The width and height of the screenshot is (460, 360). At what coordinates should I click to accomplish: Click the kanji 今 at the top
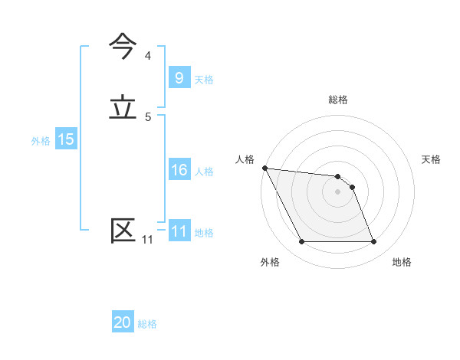[123, 47]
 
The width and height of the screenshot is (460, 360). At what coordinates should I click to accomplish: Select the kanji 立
[123, 108]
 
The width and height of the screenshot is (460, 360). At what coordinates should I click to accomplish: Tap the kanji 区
[123, 231]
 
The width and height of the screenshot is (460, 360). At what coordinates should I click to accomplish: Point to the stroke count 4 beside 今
[148, 56]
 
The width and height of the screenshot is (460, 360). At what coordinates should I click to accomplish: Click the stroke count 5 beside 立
[148, 117]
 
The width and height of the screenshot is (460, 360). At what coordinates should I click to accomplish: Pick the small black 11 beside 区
[147, 240]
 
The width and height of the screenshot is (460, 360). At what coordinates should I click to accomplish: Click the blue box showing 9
[179, 77]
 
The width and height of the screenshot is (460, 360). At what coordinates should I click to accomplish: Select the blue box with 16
[179, 170]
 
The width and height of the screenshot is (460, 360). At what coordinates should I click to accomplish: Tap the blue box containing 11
[179, 231]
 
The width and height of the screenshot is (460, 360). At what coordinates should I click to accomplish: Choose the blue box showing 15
[65, 139]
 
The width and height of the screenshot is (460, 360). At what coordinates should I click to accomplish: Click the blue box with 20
[123, 323]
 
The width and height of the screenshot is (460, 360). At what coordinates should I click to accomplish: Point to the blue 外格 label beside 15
[41, 141]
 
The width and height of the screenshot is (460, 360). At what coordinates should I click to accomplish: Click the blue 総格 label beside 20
[147, 325]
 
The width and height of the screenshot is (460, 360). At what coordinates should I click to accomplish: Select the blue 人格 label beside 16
[204, 172]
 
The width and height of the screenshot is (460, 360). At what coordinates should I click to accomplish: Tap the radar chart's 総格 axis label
[338, 100]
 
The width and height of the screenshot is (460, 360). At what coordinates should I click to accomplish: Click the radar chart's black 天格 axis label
[432, 159]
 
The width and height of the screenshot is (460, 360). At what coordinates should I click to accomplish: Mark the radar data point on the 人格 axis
[264, 168]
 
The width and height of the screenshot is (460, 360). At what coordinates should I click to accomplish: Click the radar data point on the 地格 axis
[373, 242]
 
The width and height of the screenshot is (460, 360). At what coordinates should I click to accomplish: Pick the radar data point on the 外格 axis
[301, 242]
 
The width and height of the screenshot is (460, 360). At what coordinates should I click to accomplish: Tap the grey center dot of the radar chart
[338, 191]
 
